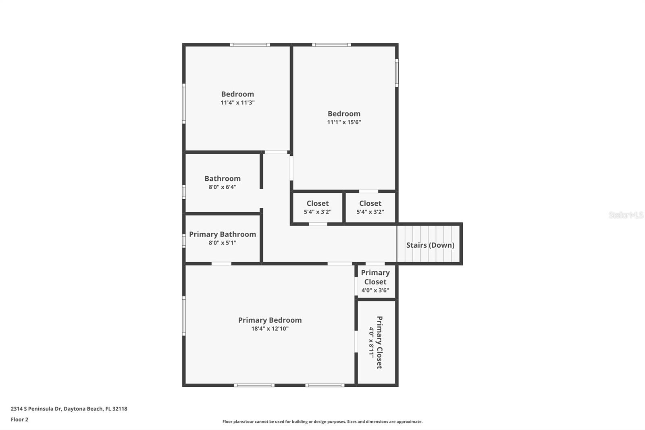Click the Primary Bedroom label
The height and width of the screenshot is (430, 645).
[270, 320]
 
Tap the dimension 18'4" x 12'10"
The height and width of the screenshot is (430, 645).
[270, 329]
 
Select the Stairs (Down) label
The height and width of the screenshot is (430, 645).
[430, 245]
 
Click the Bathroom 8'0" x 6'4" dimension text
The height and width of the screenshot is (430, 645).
[223, 187]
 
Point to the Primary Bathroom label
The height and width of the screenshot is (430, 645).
[223, 234]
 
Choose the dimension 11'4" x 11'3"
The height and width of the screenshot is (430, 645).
[237, 103]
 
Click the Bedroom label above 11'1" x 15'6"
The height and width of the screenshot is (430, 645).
[344, 114]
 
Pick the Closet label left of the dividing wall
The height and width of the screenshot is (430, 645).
[317, 203]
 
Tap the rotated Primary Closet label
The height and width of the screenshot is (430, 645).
[379, 342]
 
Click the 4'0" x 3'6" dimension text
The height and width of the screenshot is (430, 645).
[375, 290]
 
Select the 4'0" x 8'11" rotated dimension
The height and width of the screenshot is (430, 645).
[371, 342]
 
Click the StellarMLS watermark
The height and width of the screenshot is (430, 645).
[626, 215]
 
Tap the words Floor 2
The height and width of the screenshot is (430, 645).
[19, 420]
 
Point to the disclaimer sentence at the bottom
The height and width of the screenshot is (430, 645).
[322, 422]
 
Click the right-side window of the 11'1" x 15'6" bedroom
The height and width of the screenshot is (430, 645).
[397, 73]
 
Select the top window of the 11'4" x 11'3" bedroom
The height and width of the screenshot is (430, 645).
[250, 45]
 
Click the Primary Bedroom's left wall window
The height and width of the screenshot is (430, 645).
[184, 316]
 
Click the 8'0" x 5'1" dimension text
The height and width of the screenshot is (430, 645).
[223, 243]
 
